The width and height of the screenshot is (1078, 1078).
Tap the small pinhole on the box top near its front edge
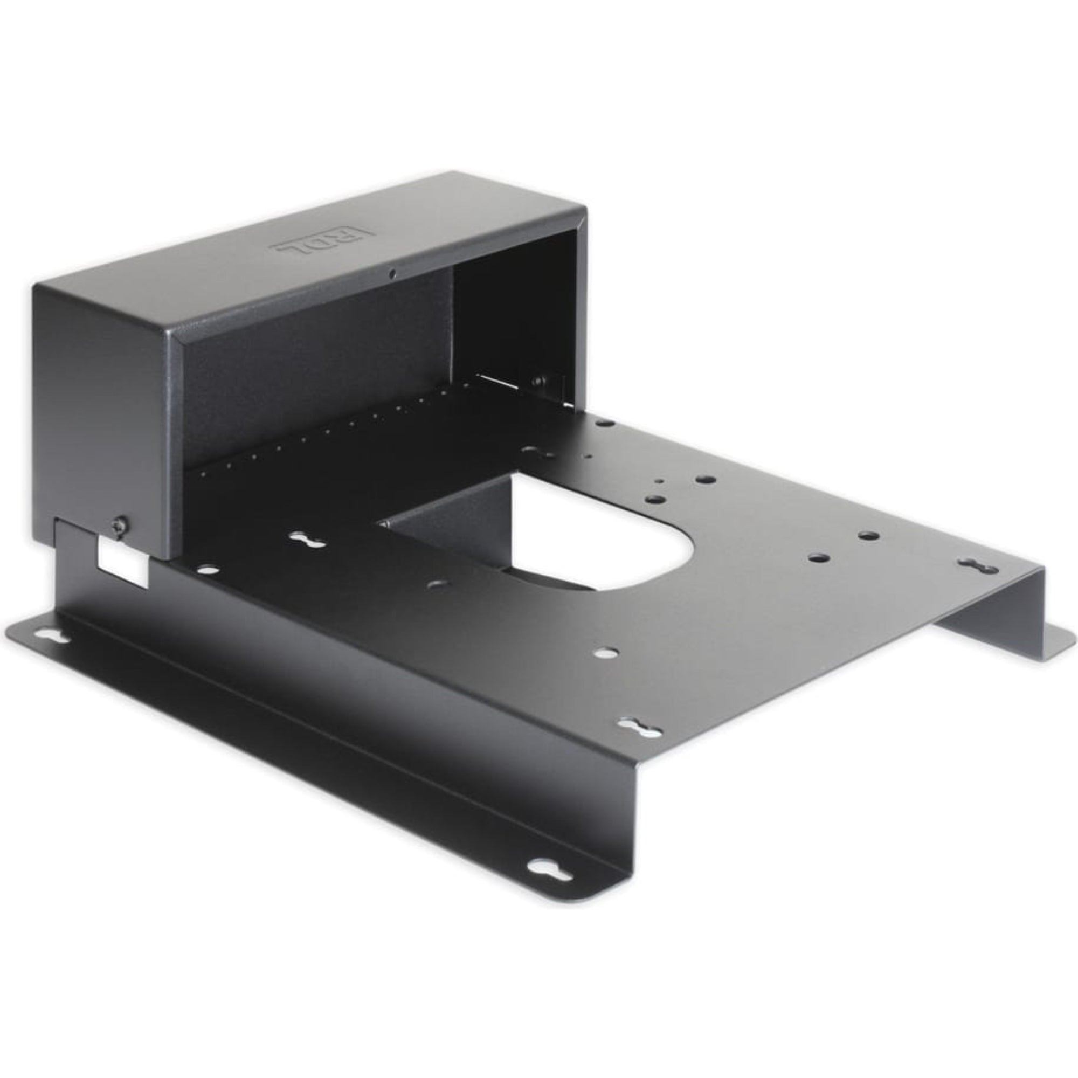click(x=393, y=273)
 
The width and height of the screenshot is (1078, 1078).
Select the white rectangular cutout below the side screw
click(x=123, y=562)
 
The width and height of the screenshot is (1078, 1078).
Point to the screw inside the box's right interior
click(x=538, y=382)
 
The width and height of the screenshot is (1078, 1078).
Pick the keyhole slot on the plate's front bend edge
click(x=638, y=727)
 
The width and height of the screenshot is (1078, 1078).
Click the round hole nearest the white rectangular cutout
click(x=207, y=570)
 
